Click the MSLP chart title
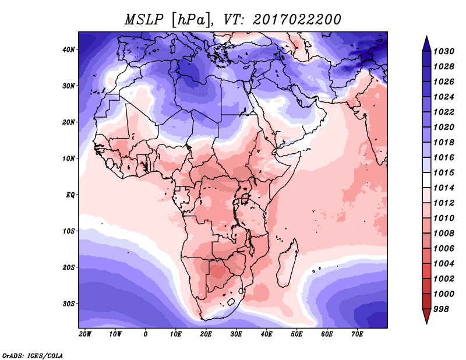coord(233,19)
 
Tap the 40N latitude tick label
coord(69,50)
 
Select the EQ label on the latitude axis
coord(70,195)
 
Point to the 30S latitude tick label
coord(69,303)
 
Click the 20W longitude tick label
coord(85,334)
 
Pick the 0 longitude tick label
coord(146,334)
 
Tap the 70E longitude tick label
coord(357,334)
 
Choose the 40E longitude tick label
coord(267,334)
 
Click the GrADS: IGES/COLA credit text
coord(33,354)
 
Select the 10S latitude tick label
coord(69,231)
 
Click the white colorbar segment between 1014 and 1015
coord(426,179)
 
